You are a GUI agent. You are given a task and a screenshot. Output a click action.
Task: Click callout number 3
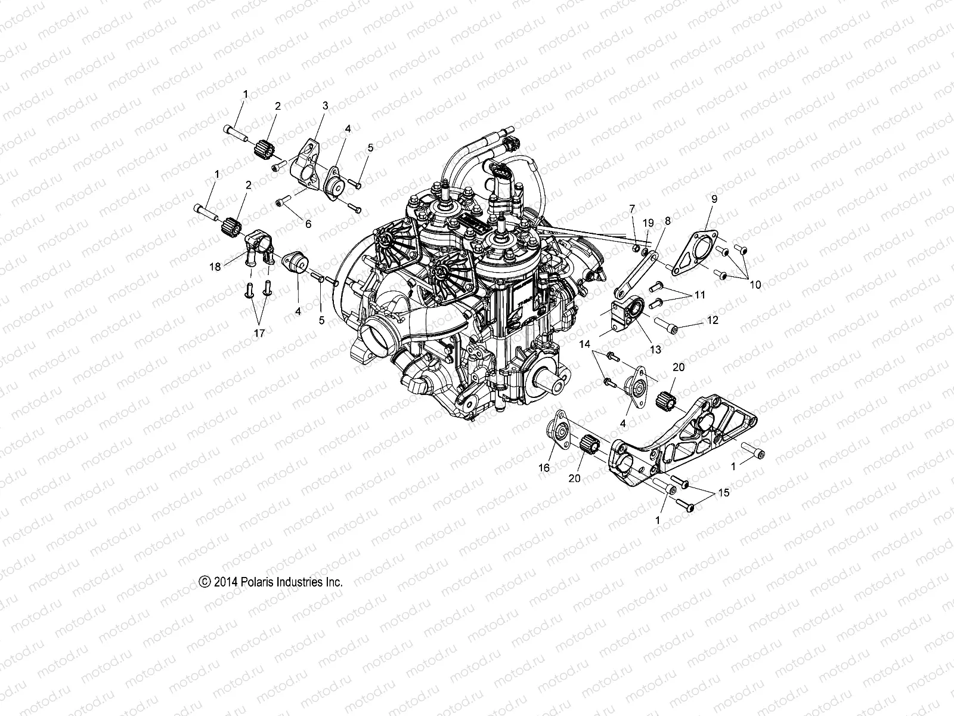pos(325,105)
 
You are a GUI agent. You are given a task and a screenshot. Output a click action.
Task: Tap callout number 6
pos(308,224)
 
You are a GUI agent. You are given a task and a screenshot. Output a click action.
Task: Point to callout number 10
pos(755,285)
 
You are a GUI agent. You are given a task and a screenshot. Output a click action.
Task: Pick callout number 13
pos(655,350)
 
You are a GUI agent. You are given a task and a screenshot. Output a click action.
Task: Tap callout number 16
pos(544,468)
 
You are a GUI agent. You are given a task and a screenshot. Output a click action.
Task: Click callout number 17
pos(259,333)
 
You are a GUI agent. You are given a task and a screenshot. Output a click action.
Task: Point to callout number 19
pos(648,223)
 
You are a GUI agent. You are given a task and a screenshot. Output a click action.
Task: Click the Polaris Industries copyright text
pos(271,582)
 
